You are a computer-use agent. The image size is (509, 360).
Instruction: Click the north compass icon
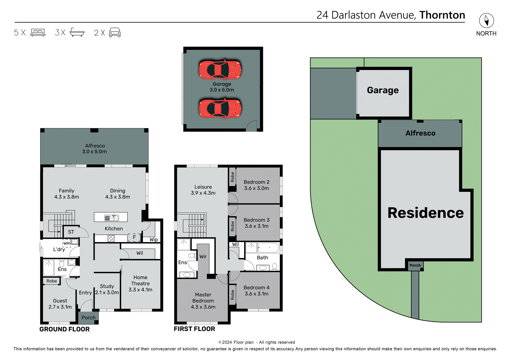coord(486,21)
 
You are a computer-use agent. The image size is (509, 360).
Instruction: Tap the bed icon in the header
coord(38,33)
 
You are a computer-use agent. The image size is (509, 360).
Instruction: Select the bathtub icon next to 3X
coord(77,32)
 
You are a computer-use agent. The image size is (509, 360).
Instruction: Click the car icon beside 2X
coord(115,33)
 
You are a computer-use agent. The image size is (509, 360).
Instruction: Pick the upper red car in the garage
coord(220,70)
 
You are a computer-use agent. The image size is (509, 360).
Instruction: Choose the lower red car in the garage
coord(220,108)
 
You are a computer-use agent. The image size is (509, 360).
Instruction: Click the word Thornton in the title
coord(442,15)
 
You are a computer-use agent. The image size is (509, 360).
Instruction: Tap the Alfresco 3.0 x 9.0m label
coord(95,149)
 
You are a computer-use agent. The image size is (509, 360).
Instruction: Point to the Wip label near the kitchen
coord(153,239)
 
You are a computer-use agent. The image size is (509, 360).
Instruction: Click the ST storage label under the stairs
coord(71,232)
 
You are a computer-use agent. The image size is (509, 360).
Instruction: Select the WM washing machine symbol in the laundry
coord(66,243)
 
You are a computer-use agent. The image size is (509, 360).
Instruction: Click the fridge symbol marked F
coord(134,237)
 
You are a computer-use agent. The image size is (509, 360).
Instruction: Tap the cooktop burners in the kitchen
coord(111,238)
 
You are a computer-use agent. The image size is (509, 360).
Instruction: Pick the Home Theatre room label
coord(140,283)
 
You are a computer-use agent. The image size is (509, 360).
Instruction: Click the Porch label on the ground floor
coord(88,318)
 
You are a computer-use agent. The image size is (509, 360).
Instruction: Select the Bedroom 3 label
coord(256,223)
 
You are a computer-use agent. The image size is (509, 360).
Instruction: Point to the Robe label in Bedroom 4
coord(232,295)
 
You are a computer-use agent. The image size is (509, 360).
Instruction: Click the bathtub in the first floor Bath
coord(268,248)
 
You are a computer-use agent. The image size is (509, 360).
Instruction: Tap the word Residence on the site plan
coord(425,213)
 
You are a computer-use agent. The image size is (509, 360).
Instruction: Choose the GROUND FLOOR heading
coord(64,329)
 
